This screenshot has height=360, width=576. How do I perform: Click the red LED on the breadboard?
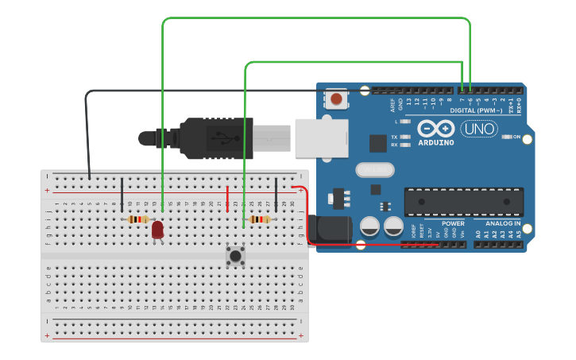pos(157,230)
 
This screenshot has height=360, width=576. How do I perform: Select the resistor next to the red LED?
pos(138,219)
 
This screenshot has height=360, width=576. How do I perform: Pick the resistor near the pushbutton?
pos(259,219)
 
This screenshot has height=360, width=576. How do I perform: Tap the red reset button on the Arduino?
pos(337,99)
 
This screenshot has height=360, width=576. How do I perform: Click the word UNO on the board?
pos(479,128)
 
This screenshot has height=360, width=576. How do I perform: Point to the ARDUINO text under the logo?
pos(436,143)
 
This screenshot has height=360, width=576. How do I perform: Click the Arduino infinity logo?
pos(436,129)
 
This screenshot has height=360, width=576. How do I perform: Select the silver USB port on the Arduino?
pos(322,137)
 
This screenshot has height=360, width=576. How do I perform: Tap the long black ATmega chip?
pos(463,202)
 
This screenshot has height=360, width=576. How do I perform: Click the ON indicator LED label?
pos(517,137)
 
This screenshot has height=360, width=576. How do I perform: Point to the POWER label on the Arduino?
pos(453,224)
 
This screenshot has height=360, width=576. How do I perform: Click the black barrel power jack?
pos(331,229)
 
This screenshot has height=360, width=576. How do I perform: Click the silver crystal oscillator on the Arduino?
pos(374,169)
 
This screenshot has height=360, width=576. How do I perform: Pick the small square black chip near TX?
pos(378,143)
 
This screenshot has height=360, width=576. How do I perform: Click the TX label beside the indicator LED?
pos(394,137)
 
